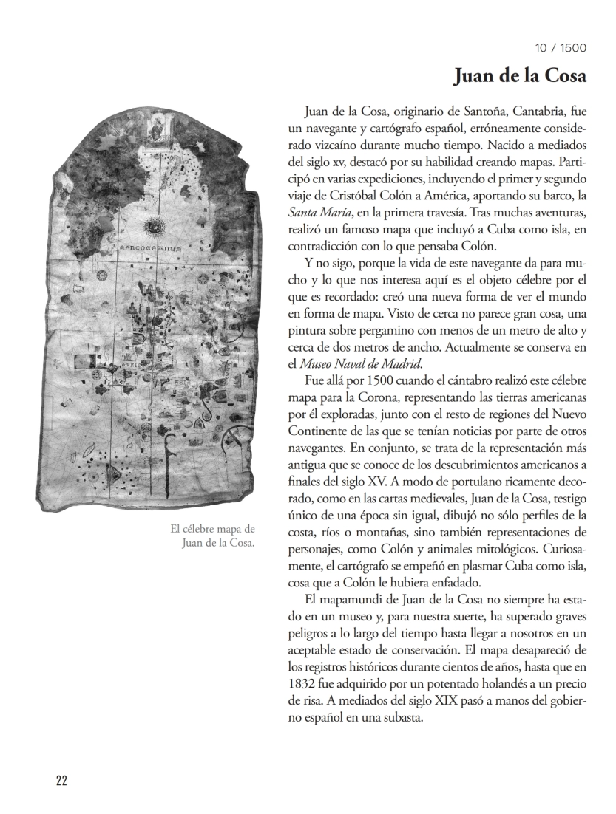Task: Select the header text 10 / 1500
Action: (x=561, y=49)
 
